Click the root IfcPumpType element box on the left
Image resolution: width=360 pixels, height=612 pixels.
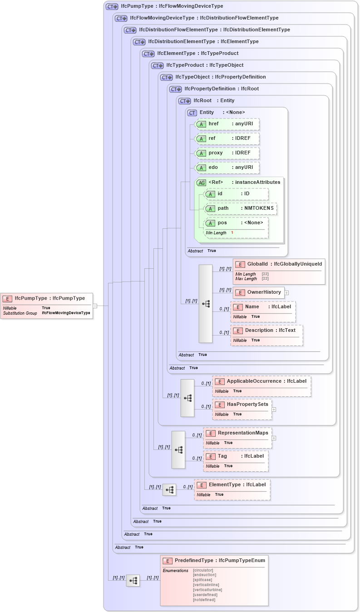tap(47, 305)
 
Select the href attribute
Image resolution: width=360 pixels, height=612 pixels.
tap(227, 124)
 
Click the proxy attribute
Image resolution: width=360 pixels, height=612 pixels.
tap(227, 153)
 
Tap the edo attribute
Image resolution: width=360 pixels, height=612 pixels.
tap(227, 168)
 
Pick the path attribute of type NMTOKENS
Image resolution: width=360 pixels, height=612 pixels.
tap(241, 208)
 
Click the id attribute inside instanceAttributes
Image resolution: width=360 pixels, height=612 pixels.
tap(236, 194)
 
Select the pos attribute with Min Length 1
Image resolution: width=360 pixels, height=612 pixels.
tap(236, 227)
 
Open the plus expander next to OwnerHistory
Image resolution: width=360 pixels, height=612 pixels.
tap(287, 293)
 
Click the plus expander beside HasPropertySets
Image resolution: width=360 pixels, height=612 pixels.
tap(274, 409)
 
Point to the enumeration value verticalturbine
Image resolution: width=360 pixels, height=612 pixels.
tap(207, 590)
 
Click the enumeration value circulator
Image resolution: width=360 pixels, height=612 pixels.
tap(203, 570)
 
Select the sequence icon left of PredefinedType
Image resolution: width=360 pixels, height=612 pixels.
tap(133, 580)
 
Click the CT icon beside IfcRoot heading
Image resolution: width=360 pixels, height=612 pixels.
tap(184, 101)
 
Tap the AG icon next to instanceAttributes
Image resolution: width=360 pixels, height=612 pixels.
tap(201, 183)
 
